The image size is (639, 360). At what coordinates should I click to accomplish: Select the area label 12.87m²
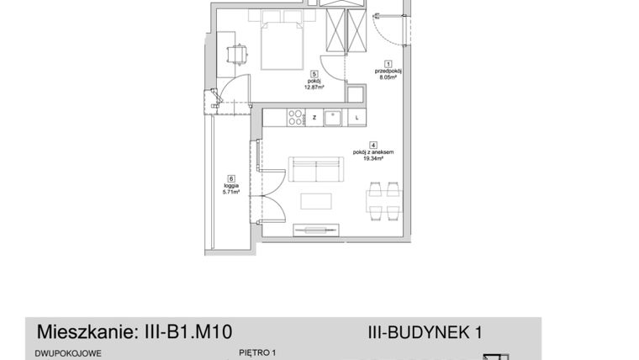(x=313, y=86)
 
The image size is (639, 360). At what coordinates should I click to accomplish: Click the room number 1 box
(x=388, y=63)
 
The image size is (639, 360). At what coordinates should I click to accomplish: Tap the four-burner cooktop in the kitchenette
(x=295, y=118)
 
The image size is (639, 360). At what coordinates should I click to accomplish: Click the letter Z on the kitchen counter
(x=314, y=118)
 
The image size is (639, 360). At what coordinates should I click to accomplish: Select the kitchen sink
(x=333, y=118)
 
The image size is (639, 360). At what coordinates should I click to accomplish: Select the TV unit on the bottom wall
(x=315, y=229)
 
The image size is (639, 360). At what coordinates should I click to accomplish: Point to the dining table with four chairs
(x=383, y=202)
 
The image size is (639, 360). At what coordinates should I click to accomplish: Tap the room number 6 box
(x=231, y=177)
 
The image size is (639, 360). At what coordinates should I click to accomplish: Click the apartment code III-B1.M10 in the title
(x=183, y=331)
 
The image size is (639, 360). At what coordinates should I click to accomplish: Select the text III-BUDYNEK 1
(x=425, y=332)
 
